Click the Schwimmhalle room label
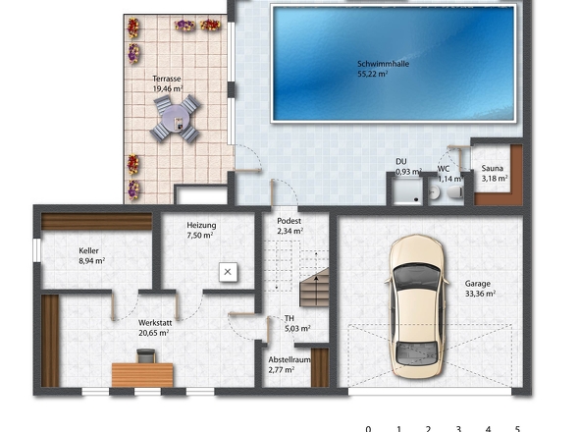click(383, 64)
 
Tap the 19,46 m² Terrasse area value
click(168, 88)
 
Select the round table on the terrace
click(176, 119)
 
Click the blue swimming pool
click(394, 64)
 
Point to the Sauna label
click(492, 169)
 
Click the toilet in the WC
click(454, 192)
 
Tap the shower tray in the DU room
click(408, 190)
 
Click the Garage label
click(478, 284)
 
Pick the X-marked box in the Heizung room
click(228, 272)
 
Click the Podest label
click(289, 221)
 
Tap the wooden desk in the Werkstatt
click(142, 375)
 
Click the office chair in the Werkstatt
click(146, 355)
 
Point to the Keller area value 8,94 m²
click(92, 261)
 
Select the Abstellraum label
click(289, 360)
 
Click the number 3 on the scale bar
click(458, 429)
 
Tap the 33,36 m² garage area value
click(481, 294)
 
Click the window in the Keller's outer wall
click(36, 250)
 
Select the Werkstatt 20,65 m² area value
click(154, 333)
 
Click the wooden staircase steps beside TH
click(314, 288)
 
